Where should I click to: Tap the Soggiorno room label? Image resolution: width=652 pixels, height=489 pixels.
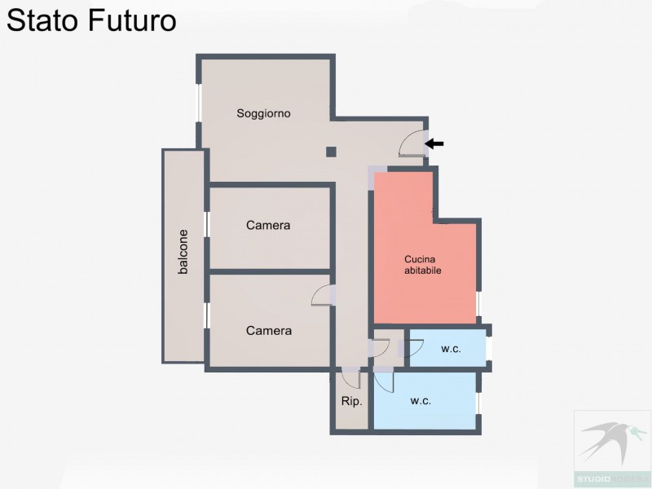pos(264,113)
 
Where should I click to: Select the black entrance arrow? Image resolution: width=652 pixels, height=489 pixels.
pos(434,144)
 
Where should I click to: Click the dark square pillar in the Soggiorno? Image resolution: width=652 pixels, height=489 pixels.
pos(331,151)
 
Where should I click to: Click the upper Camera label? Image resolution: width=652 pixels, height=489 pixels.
pos(268,226)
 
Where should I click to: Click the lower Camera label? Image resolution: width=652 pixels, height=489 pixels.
pos(269,331)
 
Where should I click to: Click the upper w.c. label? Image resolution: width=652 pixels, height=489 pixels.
pos(451,349)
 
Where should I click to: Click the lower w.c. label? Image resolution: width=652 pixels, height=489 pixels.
pos(421,401)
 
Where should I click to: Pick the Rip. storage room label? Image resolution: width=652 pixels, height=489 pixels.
pos(351,402)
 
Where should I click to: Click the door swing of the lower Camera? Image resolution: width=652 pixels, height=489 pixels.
pos(323,296)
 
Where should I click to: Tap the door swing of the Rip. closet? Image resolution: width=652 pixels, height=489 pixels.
pos(351,378)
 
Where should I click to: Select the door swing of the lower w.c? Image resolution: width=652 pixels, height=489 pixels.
pos(383,381)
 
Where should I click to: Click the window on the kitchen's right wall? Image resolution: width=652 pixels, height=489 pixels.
pos(478,304)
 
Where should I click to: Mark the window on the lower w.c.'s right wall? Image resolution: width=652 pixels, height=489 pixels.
pos(478,402)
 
